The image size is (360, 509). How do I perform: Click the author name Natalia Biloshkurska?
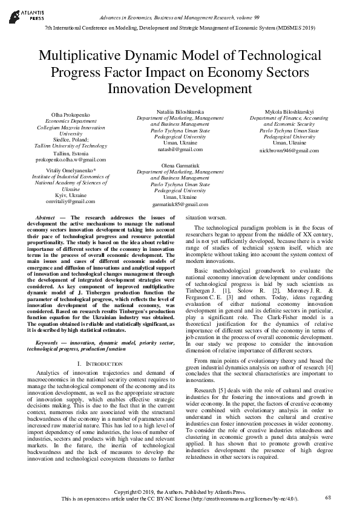180,112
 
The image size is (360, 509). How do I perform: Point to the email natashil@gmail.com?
180,149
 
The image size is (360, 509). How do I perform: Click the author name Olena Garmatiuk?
180,165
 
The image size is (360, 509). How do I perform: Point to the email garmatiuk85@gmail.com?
180,204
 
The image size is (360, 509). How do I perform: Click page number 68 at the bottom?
328,497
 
